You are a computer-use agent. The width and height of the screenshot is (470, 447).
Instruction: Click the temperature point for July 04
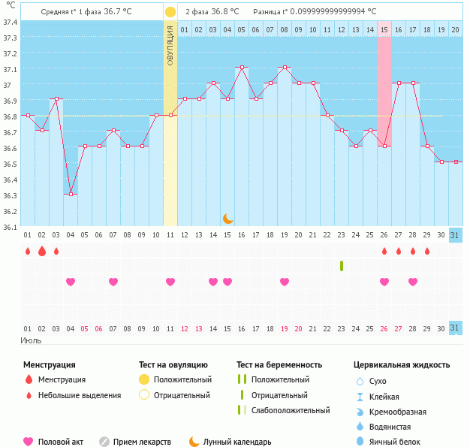[71, 194]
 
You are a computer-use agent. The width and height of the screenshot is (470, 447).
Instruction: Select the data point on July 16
[242, 67]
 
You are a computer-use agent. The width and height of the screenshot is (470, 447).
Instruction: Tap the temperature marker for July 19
[285, 67]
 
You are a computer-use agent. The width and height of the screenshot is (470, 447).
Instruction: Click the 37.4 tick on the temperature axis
[11, 23]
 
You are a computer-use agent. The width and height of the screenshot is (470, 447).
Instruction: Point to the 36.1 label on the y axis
[11, 227]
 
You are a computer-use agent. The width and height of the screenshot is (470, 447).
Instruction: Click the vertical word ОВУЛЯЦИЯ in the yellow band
[170, 45]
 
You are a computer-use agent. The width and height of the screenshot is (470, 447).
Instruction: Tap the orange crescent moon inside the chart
[227, 219]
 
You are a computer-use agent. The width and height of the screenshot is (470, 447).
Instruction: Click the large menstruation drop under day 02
[42, 251]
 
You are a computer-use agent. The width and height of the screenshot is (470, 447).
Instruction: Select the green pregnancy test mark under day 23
[342, 266]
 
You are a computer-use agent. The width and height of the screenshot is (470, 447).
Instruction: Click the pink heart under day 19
[285, 282]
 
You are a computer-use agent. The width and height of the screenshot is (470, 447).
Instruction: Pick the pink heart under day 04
[71, 282]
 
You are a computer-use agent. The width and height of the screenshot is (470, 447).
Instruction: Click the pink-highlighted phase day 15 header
[384, 30]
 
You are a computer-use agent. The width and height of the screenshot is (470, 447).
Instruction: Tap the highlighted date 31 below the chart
[454, 328]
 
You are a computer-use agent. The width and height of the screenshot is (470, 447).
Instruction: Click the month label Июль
[31, 340]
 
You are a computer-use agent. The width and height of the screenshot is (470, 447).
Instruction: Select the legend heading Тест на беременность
[279, 365]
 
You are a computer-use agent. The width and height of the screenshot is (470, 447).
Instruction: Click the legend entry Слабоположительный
[291, 410]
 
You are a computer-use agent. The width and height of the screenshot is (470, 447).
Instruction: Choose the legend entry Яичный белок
[394, 442]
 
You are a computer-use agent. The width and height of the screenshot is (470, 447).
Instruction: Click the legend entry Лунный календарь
[237, 442]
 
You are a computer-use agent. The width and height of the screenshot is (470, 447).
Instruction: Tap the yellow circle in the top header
[170, 12]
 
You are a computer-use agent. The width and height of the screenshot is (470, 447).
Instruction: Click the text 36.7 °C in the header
[117, 11]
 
